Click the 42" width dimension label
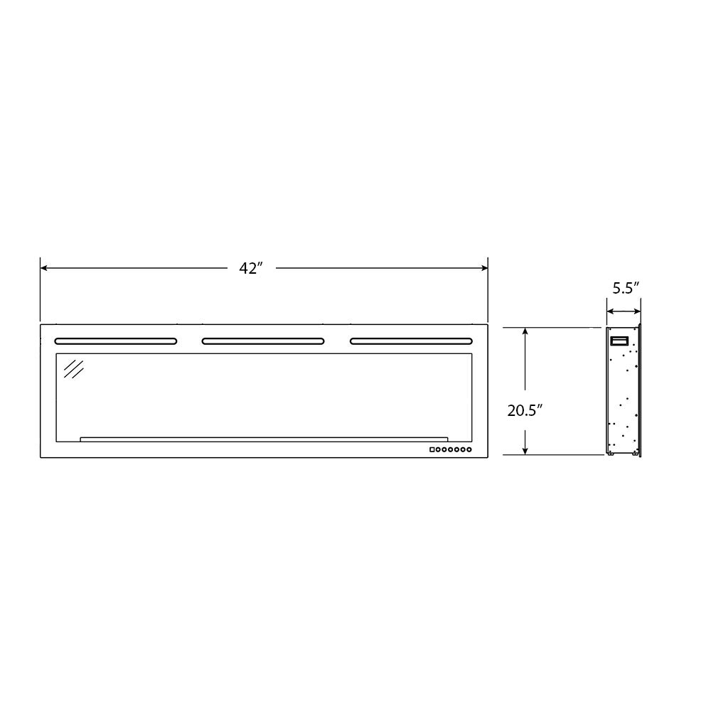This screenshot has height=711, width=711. click(x=251, y=269)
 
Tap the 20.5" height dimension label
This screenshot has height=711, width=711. click(x=525, y=411)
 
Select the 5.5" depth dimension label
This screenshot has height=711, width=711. click(x=626, y=288)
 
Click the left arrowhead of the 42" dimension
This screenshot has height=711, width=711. click(x=44, y=268)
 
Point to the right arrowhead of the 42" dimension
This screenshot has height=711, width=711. click(x=483, y=268)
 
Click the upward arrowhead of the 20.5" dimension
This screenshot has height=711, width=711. click(x=525, y=331)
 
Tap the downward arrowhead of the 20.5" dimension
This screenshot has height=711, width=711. click(x=525, y=450)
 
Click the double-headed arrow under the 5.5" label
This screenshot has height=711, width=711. click(x=624, y=311)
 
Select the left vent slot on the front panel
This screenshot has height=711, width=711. click(x=116, y=341)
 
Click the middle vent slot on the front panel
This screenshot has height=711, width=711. click(x=263, y=341)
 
